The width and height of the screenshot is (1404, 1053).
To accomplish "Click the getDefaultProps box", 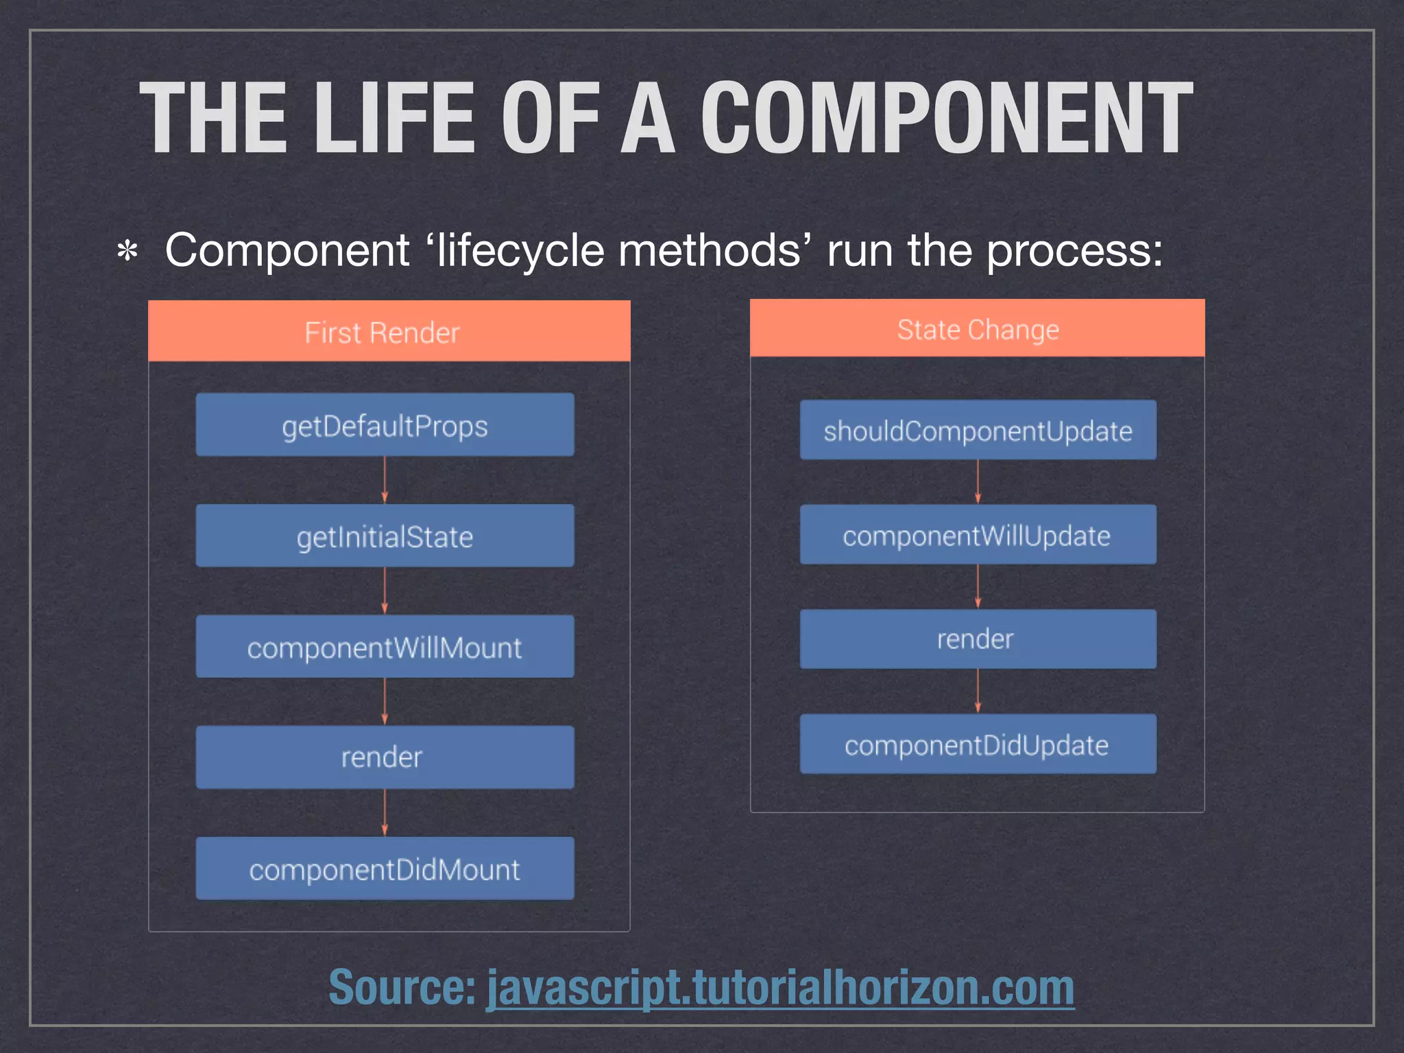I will pos(385,425).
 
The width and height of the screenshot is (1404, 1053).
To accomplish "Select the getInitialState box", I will pos(385,536).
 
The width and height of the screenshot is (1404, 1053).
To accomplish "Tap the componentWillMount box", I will pos(385,646).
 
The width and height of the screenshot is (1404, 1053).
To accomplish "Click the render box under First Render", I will pos(385,758).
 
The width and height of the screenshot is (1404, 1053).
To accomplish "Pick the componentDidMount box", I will pos(385,869).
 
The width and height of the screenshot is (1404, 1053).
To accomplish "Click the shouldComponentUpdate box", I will pos(978,431).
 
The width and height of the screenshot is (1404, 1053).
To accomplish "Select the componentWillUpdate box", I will pos(978,535).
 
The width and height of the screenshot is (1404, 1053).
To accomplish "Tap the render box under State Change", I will pos(978,639).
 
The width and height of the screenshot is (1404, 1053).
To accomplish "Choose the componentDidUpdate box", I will pos(978,745).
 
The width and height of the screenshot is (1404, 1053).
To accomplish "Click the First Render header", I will pos(389,332).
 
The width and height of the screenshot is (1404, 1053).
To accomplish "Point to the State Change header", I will pos(978,329).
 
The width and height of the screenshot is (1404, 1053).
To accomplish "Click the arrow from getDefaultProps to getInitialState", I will pos(385,481).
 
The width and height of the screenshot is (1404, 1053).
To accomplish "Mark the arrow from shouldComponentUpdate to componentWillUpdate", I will pos(978,482).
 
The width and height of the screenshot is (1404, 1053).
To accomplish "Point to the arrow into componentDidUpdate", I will pos(978,691).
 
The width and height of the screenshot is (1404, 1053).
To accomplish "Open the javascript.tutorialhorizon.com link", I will pos(780,987).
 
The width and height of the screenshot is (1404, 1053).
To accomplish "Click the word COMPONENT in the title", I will pos(946,118).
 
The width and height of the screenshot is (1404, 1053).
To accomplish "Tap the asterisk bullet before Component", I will pos(128,252).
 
